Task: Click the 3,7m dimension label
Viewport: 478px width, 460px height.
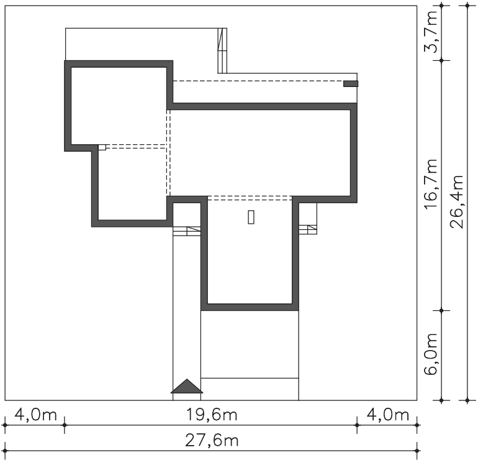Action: [x=431, y=32]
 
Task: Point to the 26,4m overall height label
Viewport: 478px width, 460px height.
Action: [x=457, y=202]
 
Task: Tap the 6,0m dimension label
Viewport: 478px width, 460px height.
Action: [x=431, y=354]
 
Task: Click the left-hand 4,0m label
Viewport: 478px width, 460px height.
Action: [x=35, y=415]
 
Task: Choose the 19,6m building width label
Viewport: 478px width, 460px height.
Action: [x=212, y=415]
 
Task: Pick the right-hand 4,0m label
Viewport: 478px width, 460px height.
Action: [x=387, y=415]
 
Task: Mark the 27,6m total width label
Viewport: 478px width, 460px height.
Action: [x=212, y=441]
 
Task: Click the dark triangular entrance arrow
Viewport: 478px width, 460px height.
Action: [x=187, y=387]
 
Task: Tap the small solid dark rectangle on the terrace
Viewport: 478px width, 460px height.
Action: [x=351, y=84]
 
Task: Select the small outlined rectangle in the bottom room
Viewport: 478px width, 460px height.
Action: [x=251, y=217]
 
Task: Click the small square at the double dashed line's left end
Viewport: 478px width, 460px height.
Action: [x=102, y=147]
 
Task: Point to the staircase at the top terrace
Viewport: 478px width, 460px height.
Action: [x=222, y=51]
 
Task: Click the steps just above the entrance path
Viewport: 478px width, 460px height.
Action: [x=187, y=231]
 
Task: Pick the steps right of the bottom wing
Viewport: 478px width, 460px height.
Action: [x=307, y=229]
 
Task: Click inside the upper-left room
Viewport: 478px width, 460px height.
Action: [x=119, y=106]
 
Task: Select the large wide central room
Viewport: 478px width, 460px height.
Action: [x=260, y=153]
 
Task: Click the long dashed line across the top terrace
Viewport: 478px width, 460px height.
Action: [x=258, y=81]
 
